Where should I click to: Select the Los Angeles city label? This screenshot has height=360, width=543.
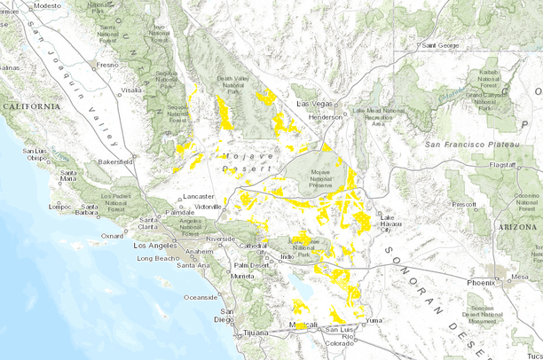pyautogui.click(x=155, y=244)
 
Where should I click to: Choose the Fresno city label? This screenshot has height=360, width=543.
pyautogui.click(x=108, y=65)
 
